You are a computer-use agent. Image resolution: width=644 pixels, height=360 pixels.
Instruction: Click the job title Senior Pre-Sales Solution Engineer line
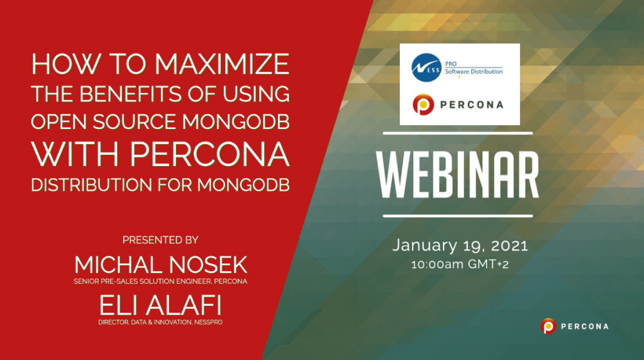pyautogui.click(x=160, y=281)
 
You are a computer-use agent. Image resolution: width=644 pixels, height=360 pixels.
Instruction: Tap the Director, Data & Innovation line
pyautogui.click(x=160, y=323)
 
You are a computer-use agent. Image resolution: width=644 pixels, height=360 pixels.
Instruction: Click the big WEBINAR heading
pyautogui.click(x=460, y=175)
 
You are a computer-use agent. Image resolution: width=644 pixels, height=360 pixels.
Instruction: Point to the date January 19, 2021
pyautogui.click(x=460, y=245)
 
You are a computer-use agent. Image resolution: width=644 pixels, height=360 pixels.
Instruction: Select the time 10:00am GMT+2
pyautogui.click(x=460, y=264)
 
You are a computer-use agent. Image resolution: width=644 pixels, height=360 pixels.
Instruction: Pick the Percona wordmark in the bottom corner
pyautogui.click(x=584, y=327)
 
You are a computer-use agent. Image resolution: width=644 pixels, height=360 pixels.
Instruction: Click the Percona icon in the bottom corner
pyautogui.click(x=548, y=326)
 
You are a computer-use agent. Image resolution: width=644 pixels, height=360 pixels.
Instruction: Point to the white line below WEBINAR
pyautogui.click(x=460, y=217)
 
